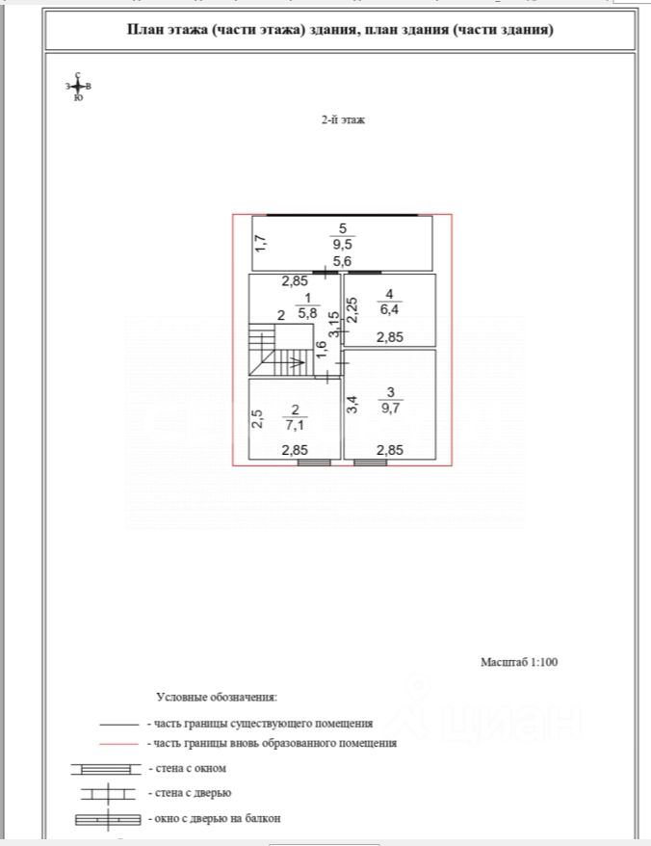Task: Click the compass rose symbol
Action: pyautogui.click(x=78, y=87)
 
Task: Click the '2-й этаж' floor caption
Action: pyautogui.click(x=343, y=120)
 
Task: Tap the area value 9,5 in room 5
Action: pyautogui.click(x=342, y=245)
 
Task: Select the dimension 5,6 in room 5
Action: pyautogui.click(x=342, y=261)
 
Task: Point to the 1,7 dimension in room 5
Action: pyautogui.click(x=260, y=244)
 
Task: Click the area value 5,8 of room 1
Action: pyautogui.click(x=307, y=313)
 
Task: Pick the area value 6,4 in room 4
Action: pyautogui.click(x=388, y=309)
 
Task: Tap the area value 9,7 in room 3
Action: pyautogui.click(x=390, y=408)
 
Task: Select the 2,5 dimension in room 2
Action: pyautogui.click(x=257, y=419)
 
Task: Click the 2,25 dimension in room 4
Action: pyautogui.click(x=352, y=309)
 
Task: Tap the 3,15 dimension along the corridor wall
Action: pyautogui.click(x=333, y=323)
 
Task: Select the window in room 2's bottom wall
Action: pyautogui.click(x=313, y=463)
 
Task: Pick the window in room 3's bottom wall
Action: pyautogui.click(x=370, y=463)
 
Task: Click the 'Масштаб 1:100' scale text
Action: pyautogui.click(x=519, y=662)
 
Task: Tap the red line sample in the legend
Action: pyautogui.click(x=119, y=744)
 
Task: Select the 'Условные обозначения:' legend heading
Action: pyautogui.click(x=217, y=696)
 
